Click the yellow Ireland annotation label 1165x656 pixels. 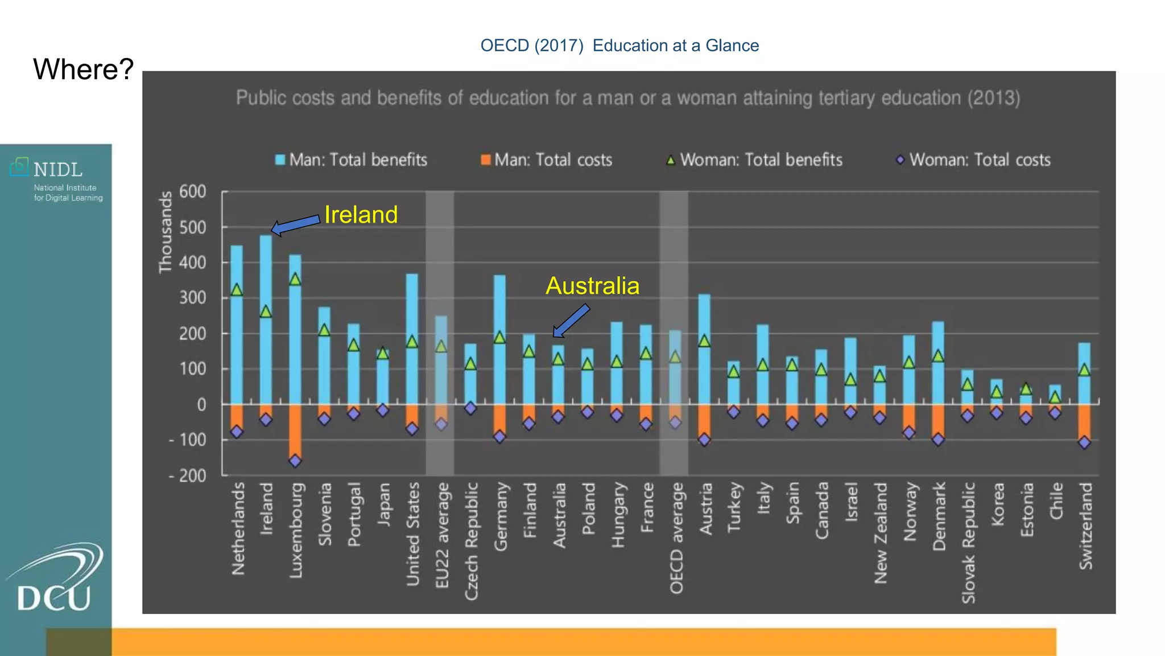(361, 215)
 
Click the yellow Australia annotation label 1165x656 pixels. (592, 286)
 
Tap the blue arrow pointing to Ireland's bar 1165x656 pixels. (295, 224)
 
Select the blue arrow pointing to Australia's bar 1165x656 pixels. (571, 321)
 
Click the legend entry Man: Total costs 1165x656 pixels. (547, 160)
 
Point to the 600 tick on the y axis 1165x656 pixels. (192, 191)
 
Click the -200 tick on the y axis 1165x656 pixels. (188, 475)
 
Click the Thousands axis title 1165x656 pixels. (165, 232)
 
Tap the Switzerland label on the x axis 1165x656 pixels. (1085, 526)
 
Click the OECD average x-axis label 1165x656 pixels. (676, 538)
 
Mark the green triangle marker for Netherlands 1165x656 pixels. (237, 290)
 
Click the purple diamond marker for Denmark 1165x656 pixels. (938, 440)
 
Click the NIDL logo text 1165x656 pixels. (58, 170)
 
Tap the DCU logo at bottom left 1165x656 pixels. (55, 581)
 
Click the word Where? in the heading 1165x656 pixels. (83, 69)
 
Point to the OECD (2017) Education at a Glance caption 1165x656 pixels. (619, 46)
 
